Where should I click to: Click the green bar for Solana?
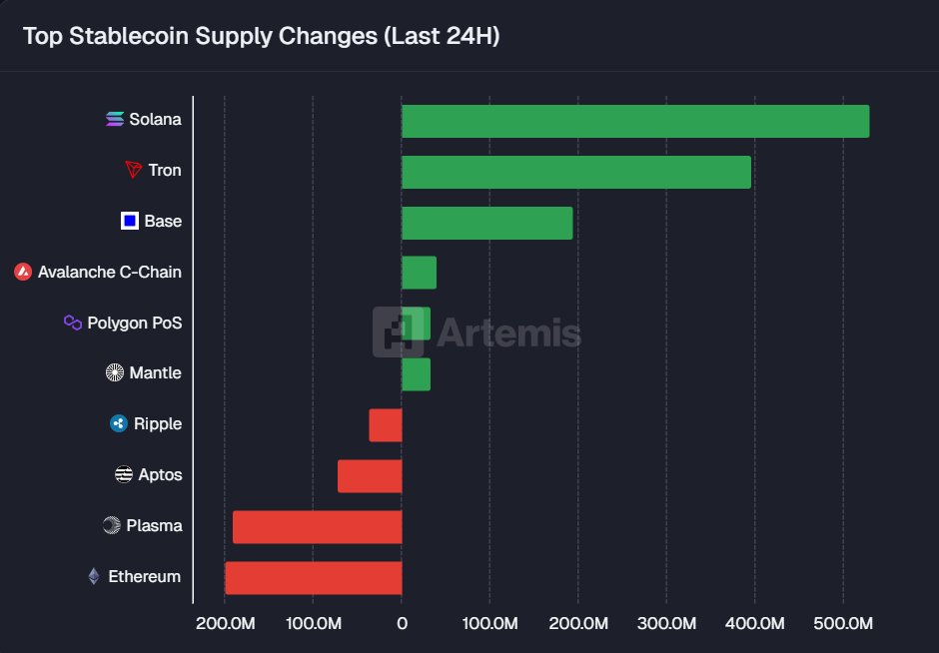point(634,121)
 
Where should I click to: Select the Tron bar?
point(575,172)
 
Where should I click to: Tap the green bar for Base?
point(486,223)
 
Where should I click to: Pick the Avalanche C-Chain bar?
point(419,273)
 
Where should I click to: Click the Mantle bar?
point(416,374)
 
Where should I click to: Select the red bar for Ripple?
point(386,425)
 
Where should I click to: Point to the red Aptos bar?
point(370,476)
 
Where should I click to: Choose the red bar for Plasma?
point(317,527)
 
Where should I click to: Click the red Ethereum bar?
point(313,578)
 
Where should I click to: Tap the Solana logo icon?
point(115,120)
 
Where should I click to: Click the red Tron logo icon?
point(134,171)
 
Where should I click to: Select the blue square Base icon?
point(129,221)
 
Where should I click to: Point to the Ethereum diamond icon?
point(94,576)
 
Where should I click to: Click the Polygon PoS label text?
point(135,323)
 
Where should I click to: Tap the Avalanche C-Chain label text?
point(110,272)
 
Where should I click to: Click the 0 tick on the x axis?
point(402,624)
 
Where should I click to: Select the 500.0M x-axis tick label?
point(843,624)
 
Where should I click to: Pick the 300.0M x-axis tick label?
point(666,624)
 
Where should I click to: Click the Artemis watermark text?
point(508,331)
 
